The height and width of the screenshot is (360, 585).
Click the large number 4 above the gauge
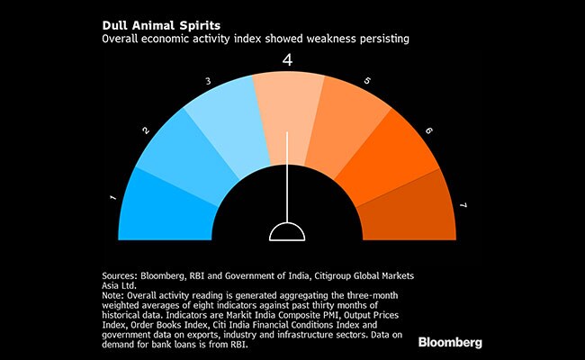point(288,61)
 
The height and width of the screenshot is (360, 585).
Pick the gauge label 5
point(368,83)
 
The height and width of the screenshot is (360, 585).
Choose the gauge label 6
point(428,130)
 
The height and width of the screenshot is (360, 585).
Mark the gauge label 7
point(463,206)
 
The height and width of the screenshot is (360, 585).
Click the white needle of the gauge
point(287,175)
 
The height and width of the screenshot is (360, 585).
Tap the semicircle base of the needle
point(287,231)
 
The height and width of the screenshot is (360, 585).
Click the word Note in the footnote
point(112,293)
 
